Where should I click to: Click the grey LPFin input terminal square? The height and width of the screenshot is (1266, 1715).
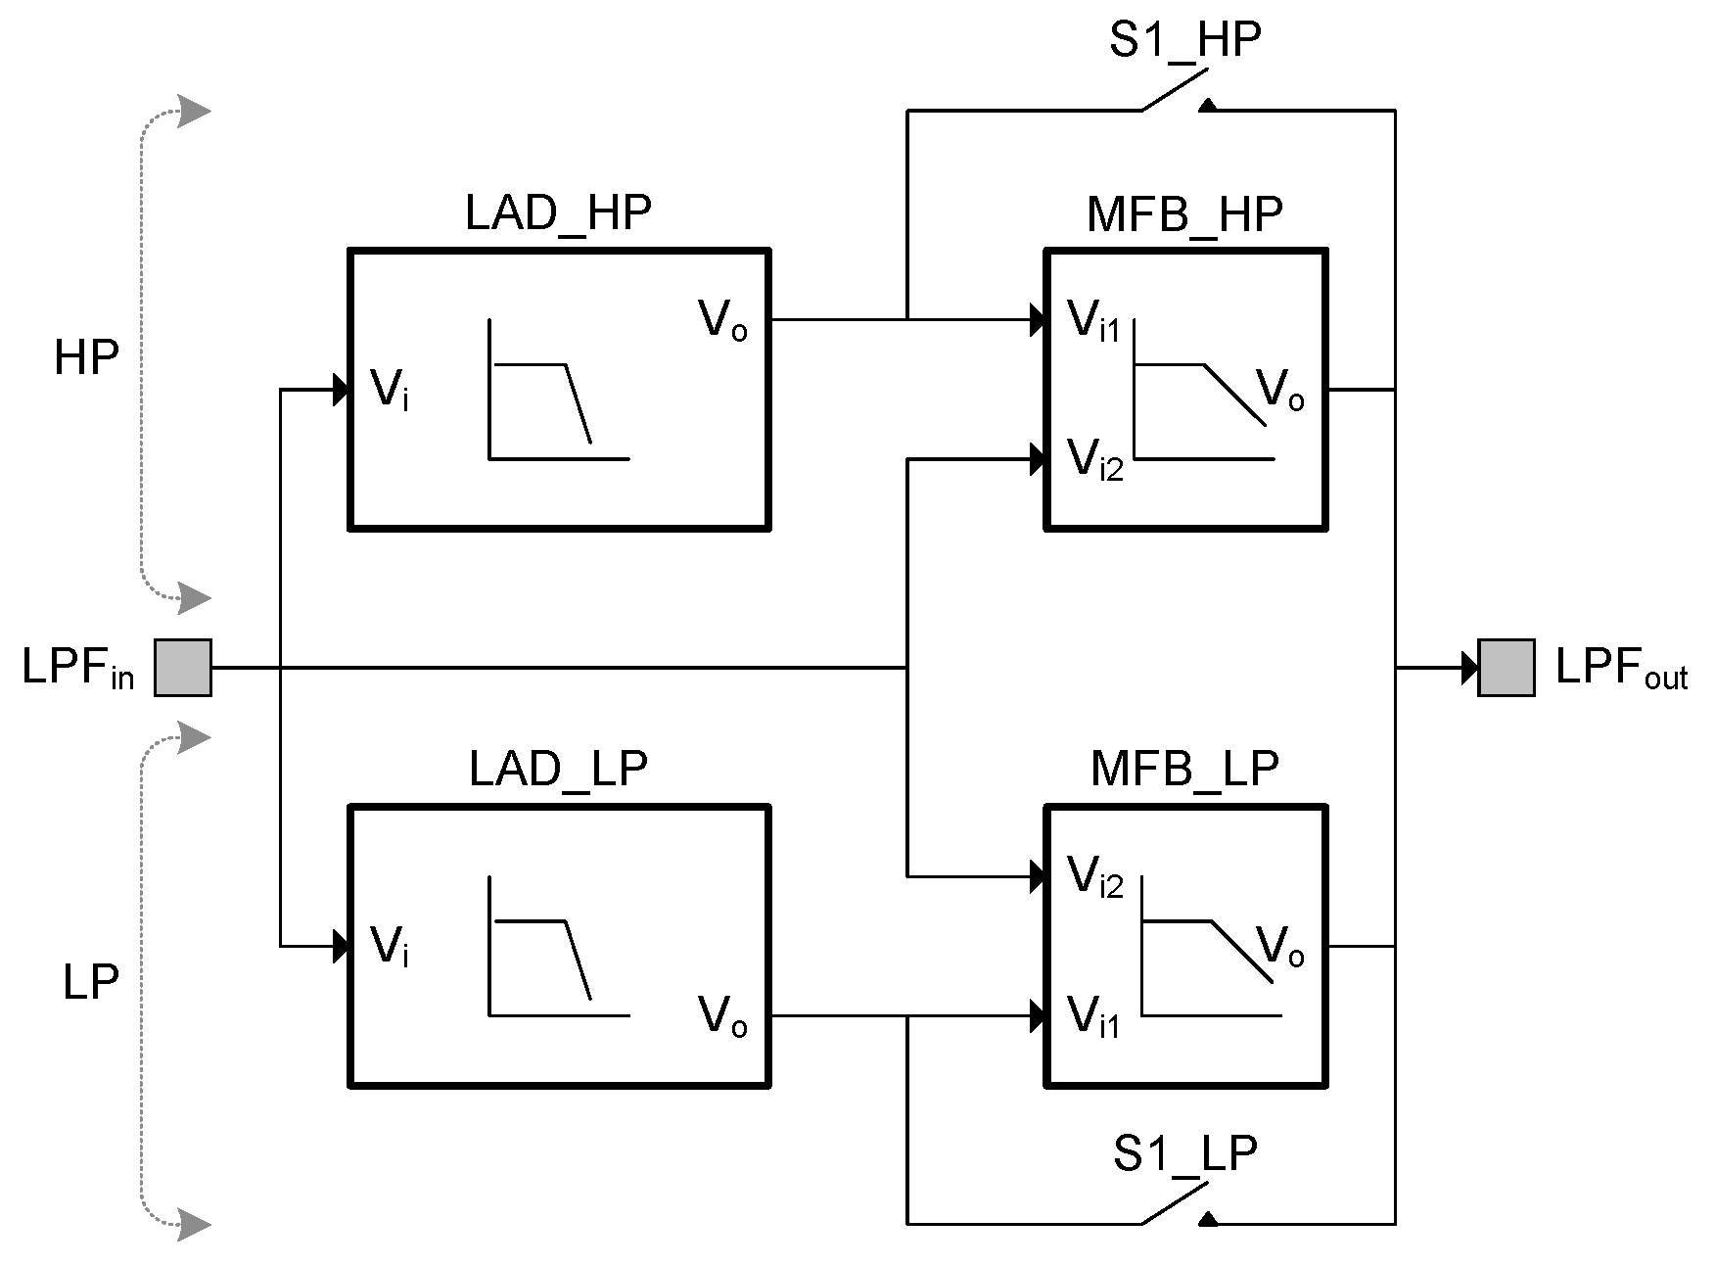click(183, 668)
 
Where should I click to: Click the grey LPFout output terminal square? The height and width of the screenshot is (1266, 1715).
click(1506, 668)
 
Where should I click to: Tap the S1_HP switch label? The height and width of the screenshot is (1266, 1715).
click(1184, 41)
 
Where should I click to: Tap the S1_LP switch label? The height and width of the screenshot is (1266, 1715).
click(1184, 1153)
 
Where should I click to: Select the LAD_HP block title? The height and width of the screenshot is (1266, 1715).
click(558, 212)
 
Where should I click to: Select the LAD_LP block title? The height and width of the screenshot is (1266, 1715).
click(558, 770)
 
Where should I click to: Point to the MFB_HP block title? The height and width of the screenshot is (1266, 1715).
click(1184, 214)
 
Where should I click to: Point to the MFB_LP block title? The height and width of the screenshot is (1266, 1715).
click(1184, 770)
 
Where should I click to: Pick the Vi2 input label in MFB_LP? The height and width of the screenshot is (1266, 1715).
click(1095, 878)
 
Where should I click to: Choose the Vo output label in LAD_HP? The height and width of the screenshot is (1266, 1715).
click(722, 321)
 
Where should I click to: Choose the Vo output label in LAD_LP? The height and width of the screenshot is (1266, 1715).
click(722, 1016)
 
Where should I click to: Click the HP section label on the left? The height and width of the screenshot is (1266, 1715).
click(86, 359)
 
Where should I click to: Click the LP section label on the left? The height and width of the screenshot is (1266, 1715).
click(90, 982)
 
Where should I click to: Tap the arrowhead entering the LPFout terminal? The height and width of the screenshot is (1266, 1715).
click(1469, 668)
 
